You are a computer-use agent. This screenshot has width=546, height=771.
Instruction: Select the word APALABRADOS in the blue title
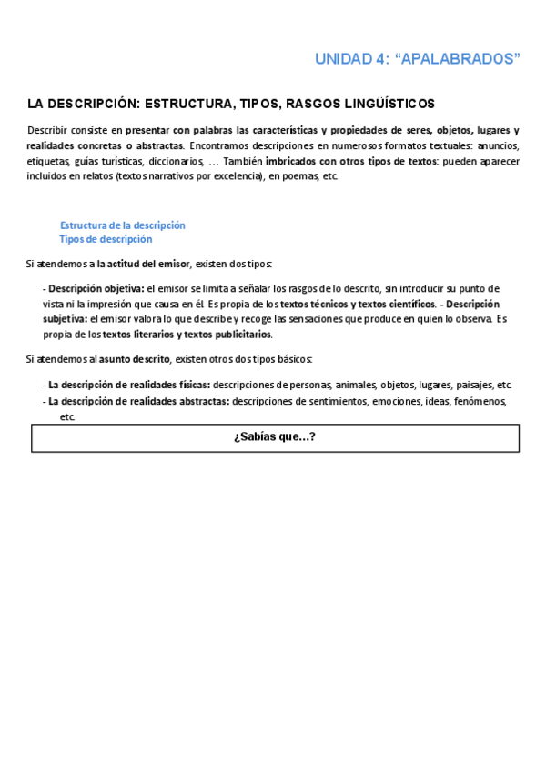(463, 59)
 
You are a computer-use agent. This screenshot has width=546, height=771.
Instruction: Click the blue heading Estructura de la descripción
(123, 225)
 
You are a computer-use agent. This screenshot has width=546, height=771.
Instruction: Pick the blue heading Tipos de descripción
(106, 239)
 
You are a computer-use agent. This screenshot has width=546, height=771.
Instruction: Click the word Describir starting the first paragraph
(47, 130)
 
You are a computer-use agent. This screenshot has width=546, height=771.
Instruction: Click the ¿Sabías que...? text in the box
(275, 437)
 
